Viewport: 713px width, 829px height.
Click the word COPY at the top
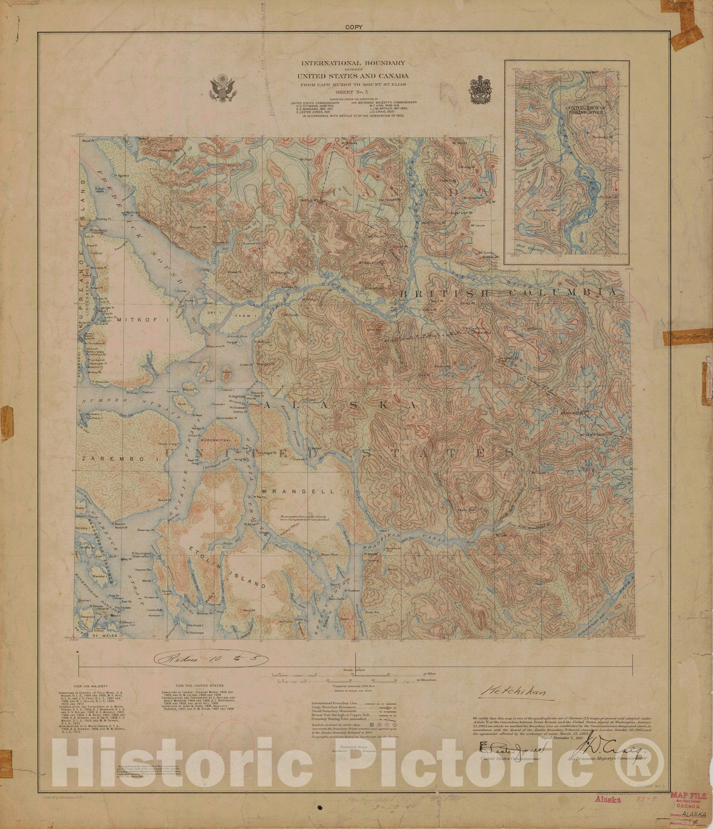point(356,27)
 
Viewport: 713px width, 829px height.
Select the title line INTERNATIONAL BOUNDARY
point(354,63)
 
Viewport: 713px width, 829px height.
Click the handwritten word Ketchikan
point(513,691)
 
